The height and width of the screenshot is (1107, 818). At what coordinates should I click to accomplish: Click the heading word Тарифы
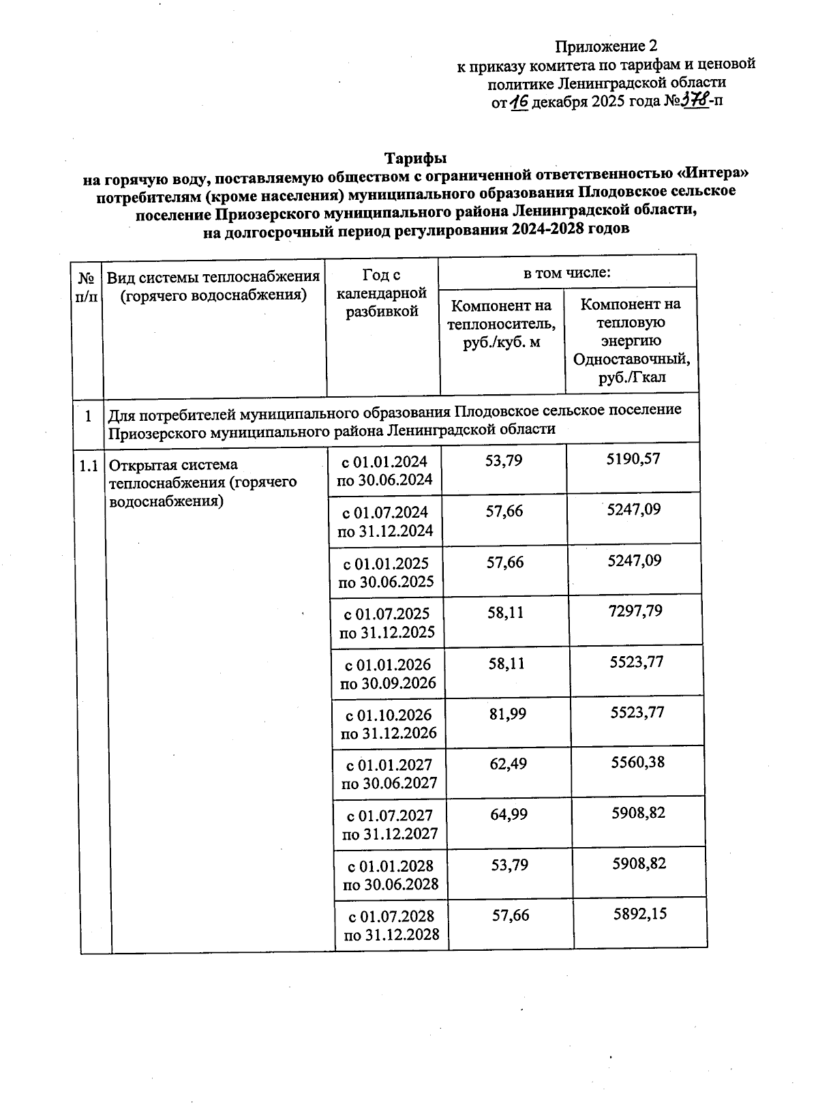coord(415,158)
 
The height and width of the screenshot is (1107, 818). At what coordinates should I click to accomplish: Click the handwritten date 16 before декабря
coord(519,102)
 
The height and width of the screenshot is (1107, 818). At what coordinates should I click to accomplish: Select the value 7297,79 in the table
coord(635,610)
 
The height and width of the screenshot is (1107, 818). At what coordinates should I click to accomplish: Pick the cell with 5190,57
coord(633,459)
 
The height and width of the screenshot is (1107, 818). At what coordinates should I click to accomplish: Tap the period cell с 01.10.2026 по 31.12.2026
coord(388,724)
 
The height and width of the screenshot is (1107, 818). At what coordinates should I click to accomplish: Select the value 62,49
coord(508,764)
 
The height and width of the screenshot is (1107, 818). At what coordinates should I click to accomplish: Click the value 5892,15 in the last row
coord(639,914)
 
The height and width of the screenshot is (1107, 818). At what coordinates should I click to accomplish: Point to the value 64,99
coord(509,814)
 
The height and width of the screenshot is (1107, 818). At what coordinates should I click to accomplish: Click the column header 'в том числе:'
coord(566,274)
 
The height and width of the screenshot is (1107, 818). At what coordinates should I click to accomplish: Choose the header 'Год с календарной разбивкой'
coord(382,293)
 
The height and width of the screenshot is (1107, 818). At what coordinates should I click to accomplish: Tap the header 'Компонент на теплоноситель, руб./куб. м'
coord(501,323)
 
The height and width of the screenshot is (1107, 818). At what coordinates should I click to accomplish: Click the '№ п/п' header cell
coord(86,287)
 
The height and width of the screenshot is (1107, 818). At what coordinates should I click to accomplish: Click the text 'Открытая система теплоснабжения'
coord(202,473)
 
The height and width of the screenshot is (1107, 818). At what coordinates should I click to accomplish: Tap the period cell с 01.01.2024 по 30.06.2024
coord(384,470)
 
